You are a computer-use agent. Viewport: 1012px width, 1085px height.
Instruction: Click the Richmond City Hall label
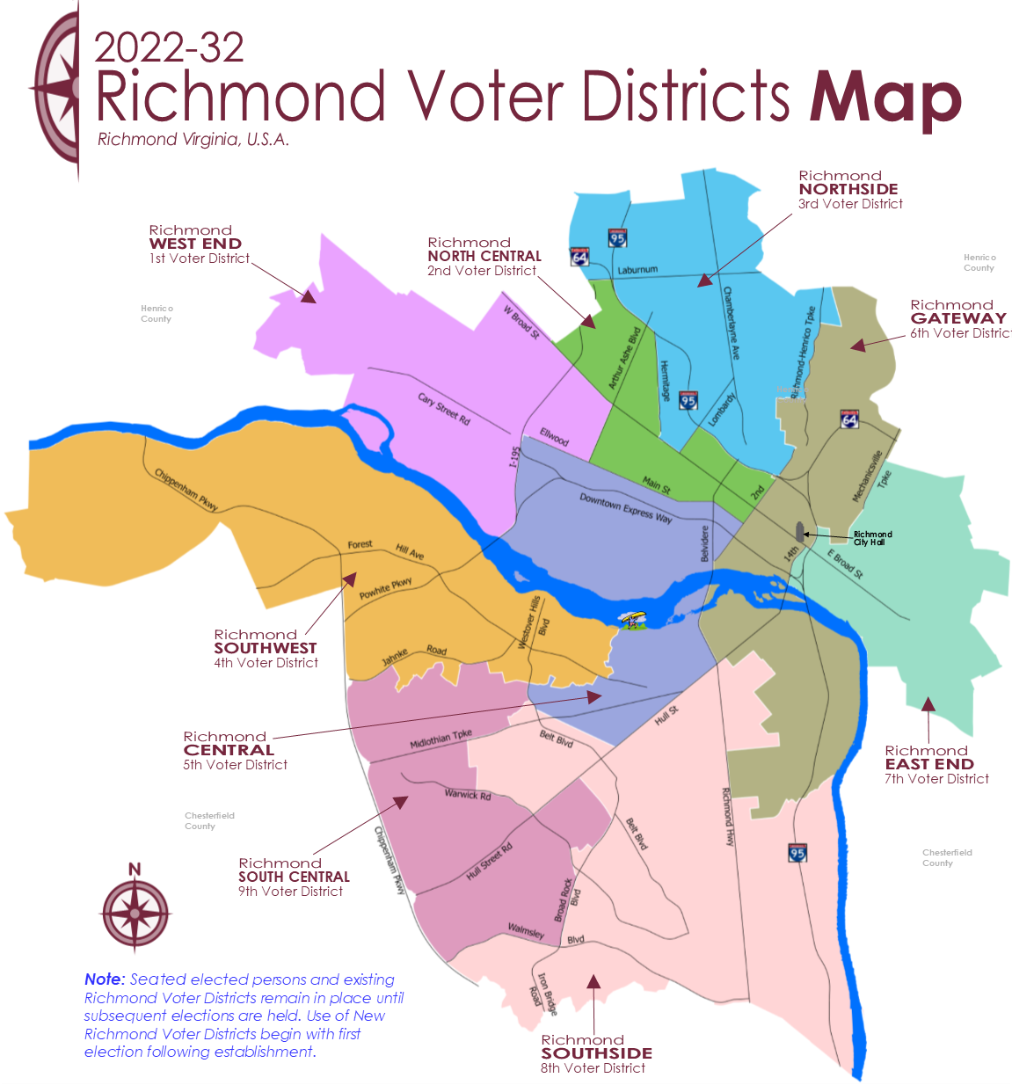872,538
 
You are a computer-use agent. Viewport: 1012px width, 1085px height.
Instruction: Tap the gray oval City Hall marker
800,532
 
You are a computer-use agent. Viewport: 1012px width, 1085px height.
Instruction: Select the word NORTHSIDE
848,189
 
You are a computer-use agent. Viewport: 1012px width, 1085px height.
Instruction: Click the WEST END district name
195,244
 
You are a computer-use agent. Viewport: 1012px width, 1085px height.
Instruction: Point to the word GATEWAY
958,318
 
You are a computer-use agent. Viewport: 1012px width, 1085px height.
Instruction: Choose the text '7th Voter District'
936,779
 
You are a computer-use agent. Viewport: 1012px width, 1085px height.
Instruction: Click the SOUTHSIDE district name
596,1053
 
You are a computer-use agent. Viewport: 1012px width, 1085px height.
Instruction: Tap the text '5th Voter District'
235,765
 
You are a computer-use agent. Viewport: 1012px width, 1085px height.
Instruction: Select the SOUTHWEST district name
265,648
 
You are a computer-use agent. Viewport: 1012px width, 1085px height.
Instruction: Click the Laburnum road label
637,270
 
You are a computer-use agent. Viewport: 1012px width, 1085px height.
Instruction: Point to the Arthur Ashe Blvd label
624,359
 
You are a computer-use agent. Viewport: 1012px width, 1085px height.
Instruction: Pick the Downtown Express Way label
625,508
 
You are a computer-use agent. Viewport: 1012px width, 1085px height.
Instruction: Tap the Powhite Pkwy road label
385,588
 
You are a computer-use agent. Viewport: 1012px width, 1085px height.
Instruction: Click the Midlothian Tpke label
440,739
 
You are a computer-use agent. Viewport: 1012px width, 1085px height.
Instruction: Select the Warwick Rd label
468,794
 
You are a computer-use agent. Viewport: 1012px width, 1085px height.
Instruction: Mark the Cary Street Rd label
443,409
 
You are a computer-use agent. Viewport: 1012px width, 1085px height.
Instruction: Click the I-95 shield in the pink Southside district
797,852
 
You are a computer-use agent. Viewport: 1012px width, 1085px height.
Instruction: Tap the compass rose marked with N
135,911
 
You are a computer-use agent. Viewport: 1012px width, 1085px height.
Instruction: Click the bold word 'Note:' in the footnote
105,979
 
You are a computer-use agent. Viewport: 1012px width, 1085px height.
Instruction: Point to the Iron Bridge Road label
542,994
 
